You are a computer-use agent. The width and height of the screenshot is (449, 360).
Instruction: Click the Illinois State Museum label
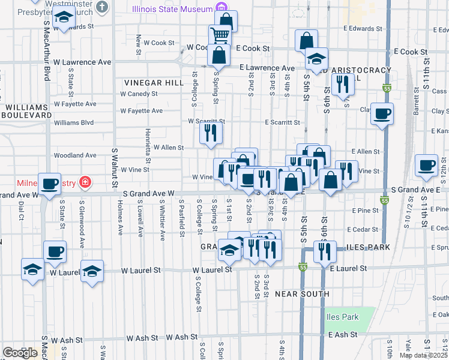click(x=172, y=9)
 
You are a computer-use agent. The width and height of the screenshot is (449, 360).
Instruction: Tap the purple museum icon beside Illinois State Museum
click(x=222, y=8)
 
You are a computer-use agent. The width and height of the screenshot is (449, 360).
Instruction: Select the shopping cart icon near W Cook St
click(x=220, y=35)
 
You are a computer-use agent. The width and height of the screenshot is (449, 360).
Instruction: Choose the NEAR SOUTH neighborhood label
click(x=302, y=294)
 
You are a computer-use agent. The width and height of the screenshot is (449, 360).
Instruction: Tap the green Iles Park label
click(x=342, y=317)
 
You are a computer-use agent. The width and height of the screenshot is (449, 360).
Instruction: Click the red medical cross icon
click(x=85, y=182)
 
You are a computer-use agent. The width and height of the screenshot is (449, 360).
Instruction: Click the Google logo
click(x=20, y=353)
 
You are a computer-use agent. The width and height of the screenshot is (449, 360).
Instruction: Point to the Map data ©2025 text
click(x=423, y=355)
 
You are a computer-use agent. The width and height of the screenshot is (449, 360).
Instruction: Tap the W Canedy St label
click(x=139, y=94)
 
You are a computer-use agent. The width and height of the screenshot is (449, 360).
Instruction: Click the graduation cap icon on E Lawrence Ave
click(x=316, y=59)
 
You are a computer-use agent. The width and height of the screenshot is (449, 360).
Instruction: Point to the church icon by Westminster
click(x=103, y=7)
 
